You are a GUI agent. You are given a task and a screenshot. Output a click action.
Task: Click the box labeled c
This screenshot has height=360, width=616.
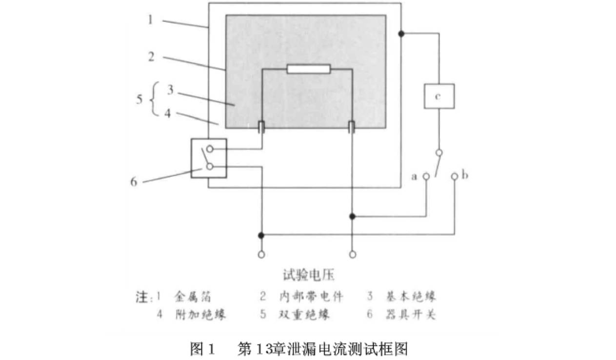[439, 96]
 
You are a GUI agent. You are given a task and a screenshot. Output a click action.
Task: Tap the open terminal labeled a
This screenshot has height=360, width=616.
[426, 176]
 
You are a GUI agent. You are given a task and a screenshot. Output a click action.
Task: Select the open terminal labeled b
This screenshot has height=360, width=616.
[455, 176]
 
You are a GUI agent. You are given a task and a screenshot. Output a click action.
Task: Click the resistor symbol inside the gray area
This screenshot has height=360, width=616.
[309, 69]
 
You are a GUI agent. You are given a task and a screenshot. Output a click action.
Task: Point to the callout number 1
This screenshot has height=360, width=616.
[151, 20]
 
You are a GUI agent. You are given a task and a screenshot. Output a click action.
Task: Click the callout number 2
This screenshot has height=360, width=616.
[151, 57]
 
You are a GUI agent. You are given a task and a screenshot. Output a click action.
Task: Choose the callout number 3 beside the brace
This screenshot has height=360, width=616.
[170, 90]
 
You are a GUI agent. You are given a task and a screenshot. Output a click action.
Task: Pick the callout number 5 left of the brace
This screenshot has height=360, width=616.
[139, 100]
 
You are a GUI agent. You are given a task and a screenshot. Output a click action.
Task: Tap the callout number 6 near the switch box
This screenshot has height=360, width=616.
[134, 181]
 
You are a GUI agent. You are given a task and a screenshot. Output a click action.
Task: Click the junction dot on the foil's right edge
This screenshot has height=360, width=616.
[401, 34]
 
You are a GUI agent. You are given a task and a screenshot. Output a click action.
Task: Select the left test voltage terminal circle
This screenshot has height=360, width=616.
[261, 254]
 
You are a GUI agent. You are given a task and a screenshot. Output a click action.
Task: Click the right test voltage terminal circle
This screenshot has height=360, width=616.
[352, 254]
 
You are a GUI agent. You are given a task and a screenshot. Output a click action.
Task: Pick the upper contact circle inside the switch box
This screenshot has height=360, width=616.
[209, 149]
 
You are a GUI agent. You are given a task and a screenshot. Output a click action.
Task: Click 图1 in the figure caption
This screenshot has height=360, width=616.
[202, 349]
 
